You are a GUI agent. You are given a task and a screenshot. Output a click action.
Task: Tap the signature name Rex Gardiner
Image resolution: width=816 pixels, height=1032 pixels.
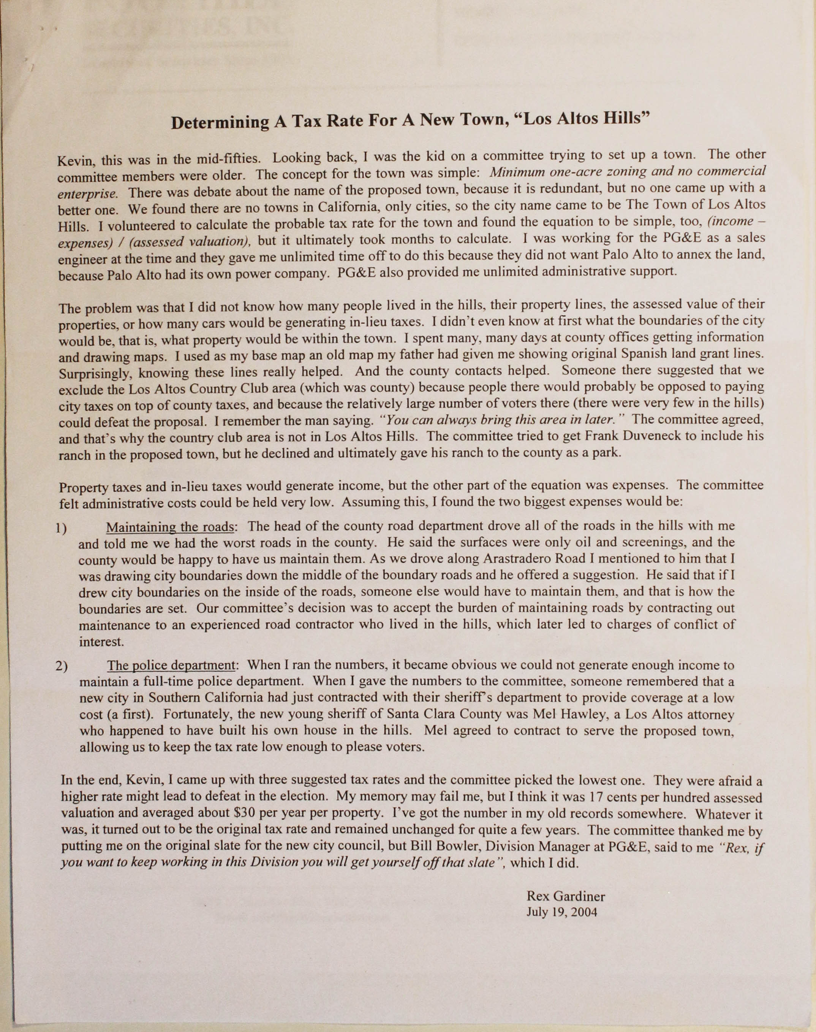[566, 896]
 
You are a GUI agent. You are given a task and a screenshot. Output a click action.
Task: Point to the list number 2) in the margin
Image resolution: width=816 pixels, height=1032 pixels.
[62, 666]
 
